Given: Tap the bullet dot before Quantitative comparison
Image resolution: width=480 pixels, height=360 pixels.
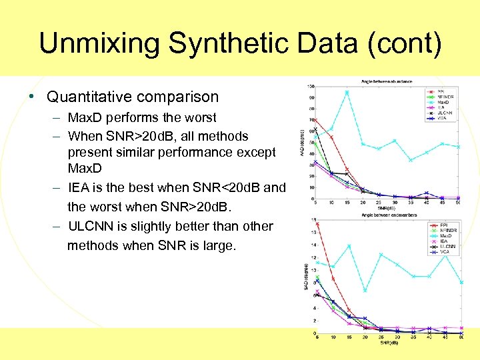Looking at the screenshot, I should (32, 97).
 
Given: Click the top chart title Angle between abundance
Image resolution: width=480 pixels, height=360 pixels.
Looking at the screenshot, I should (387, 81).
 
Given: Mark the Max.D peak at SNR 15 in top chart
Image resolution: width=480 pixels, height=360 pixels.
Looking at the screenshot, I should (347, 92).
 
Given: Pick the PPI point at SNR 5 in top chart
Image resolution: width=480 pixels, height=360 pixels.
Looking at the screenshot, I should (315, 120).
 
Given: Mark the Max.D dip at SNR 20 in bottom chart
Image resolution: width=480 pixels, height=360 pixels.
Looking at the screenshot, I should (365, 291).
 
